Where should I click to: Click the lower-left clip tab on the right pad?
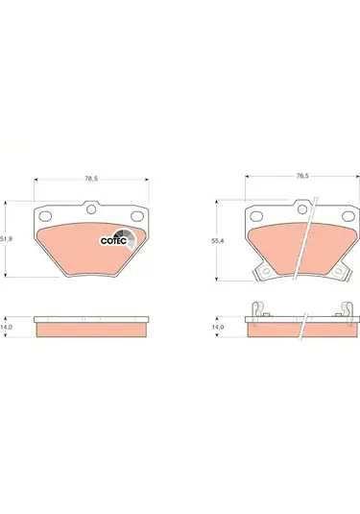point(260,275)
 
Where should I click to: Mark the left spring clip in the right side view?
point(256,309)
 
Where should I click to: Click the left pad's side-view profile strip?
point(91,322)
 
